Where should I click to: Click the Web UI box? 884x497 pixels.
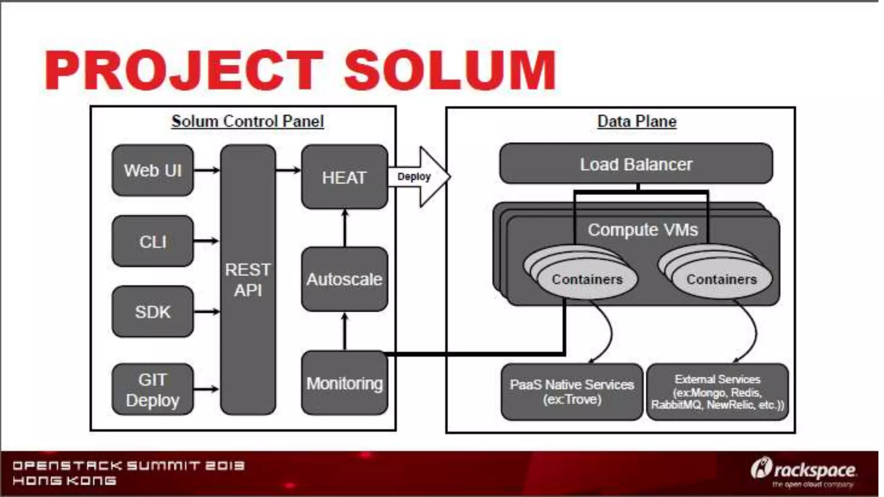click(152, 170)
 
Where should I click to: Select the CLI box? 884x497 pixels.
click(152, 241)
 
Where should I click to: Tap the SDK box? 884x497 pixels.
click(152, 311)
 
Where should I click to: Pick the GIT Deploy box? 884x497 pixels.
click(152, 390)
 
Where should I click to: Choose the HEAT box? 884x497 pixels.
click(344, 177)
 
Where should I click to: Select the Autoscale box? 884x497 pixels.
click(344, 279)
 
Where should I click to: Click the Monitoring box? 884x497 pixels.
click(344, 383)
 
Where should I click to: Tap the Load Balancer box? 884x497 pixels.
click(636, 164)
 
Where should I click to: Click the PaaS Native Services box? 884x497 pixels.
click(571, 392)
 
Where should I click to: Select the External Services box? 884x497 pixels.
click(717, 392)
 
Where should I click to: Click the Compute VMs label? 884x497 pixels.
click(642, 230)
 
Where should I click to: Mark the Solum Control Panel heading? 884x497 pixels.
click(247, 121)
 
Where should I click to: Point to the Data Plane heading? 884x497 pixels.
click(637, 121)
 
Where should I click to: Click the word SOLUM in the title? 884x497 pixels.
click(449, 70)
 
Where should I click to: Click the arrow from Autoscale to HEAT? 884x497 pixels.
click(344, 228)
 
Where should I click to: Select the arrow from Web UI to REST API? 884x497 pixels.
click(206, 170)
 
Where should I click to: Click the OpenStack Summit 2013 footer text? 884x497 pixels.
click(128, 466)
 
